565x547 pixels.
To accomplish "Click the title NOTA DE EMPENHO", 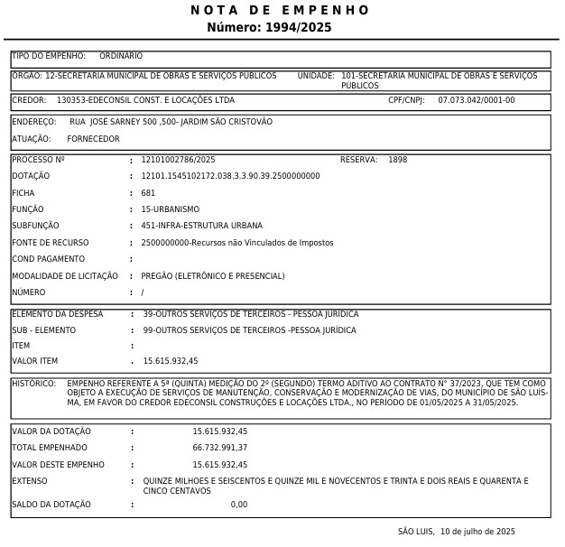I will pos(280,10).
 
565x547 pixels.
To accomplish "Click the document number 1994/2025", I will pos(298,28).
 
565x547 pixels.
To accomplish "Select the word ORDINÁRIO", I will pos(121,56).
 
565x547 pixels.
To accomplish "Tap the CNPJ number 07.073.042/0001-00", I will pos(477,100).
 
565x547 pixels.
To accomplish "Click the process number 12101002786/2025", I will pos(178,160).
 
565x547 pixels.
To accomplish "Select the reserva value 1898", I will pos(397,160).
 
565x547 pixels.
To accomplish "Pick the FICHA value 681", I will pos(148,193).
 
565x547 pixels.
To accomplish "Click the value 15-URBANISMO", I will pos(170,209).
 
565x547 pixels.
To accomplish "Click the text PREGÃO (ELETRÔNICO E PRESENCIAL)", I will pos(212,276).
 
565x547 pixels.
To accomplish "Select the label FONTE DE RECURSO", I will pos(51,243).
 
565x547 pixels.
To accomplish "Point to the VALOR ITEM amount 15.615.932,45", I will pos(171,361).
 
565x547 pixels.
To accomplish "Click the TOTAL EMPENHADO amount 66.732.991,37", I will pos(219,448).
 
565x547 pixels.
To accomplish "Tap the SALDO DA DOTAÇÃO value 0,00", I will pos(238,505).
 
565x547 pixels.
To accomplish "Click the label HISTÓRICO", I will pos(34,384).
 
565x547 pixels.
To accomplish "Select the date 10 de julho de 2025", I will pos(477,532).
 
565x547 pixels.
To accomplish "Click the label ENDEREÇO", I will pos(34,122).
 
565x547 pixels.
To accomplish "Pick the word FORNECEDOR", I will pos(93,139).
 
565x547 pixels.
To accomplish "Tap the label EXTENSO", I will pos(29,481).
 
